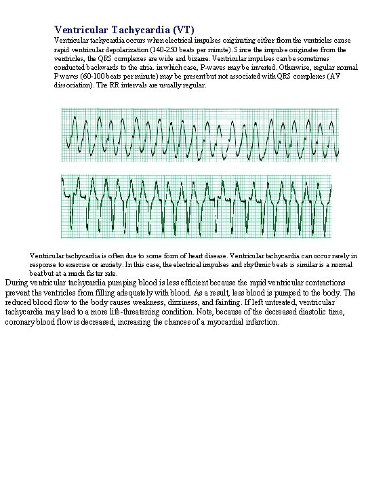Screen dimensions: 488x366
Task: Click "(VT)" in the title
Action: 184,30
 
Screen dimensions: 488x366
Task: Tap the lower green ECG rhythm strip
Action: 196,206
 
